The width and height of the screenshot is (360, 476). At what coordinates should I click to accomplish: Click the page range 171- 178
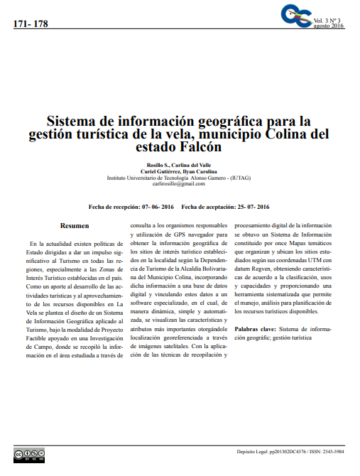pyautogui.click(x=31, y=24)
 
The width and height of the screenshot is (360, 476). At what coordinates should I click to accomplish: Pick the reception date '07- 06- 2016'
pyautogui.click(x=158, y=207)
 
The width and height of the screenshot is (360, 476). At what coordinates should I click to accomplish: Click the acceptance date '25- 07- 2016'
pyautogui.click(x=253, y=207)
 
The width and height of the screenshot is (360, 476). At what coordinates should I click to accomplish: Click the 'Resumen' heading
pyautogui.click(x=75, y=225)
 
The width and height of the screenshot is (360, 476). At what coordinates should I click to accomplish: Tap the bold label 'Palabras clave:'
pyautogui.click(x=256, y=329)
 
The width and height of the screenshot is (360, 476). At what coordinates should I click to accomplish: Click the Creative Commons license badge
pyautogui.click(x=29, y=454)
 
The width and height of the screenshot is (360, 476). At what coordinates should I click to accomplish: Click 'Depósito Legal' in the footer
pyautogui.click(x=253, y=451)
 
